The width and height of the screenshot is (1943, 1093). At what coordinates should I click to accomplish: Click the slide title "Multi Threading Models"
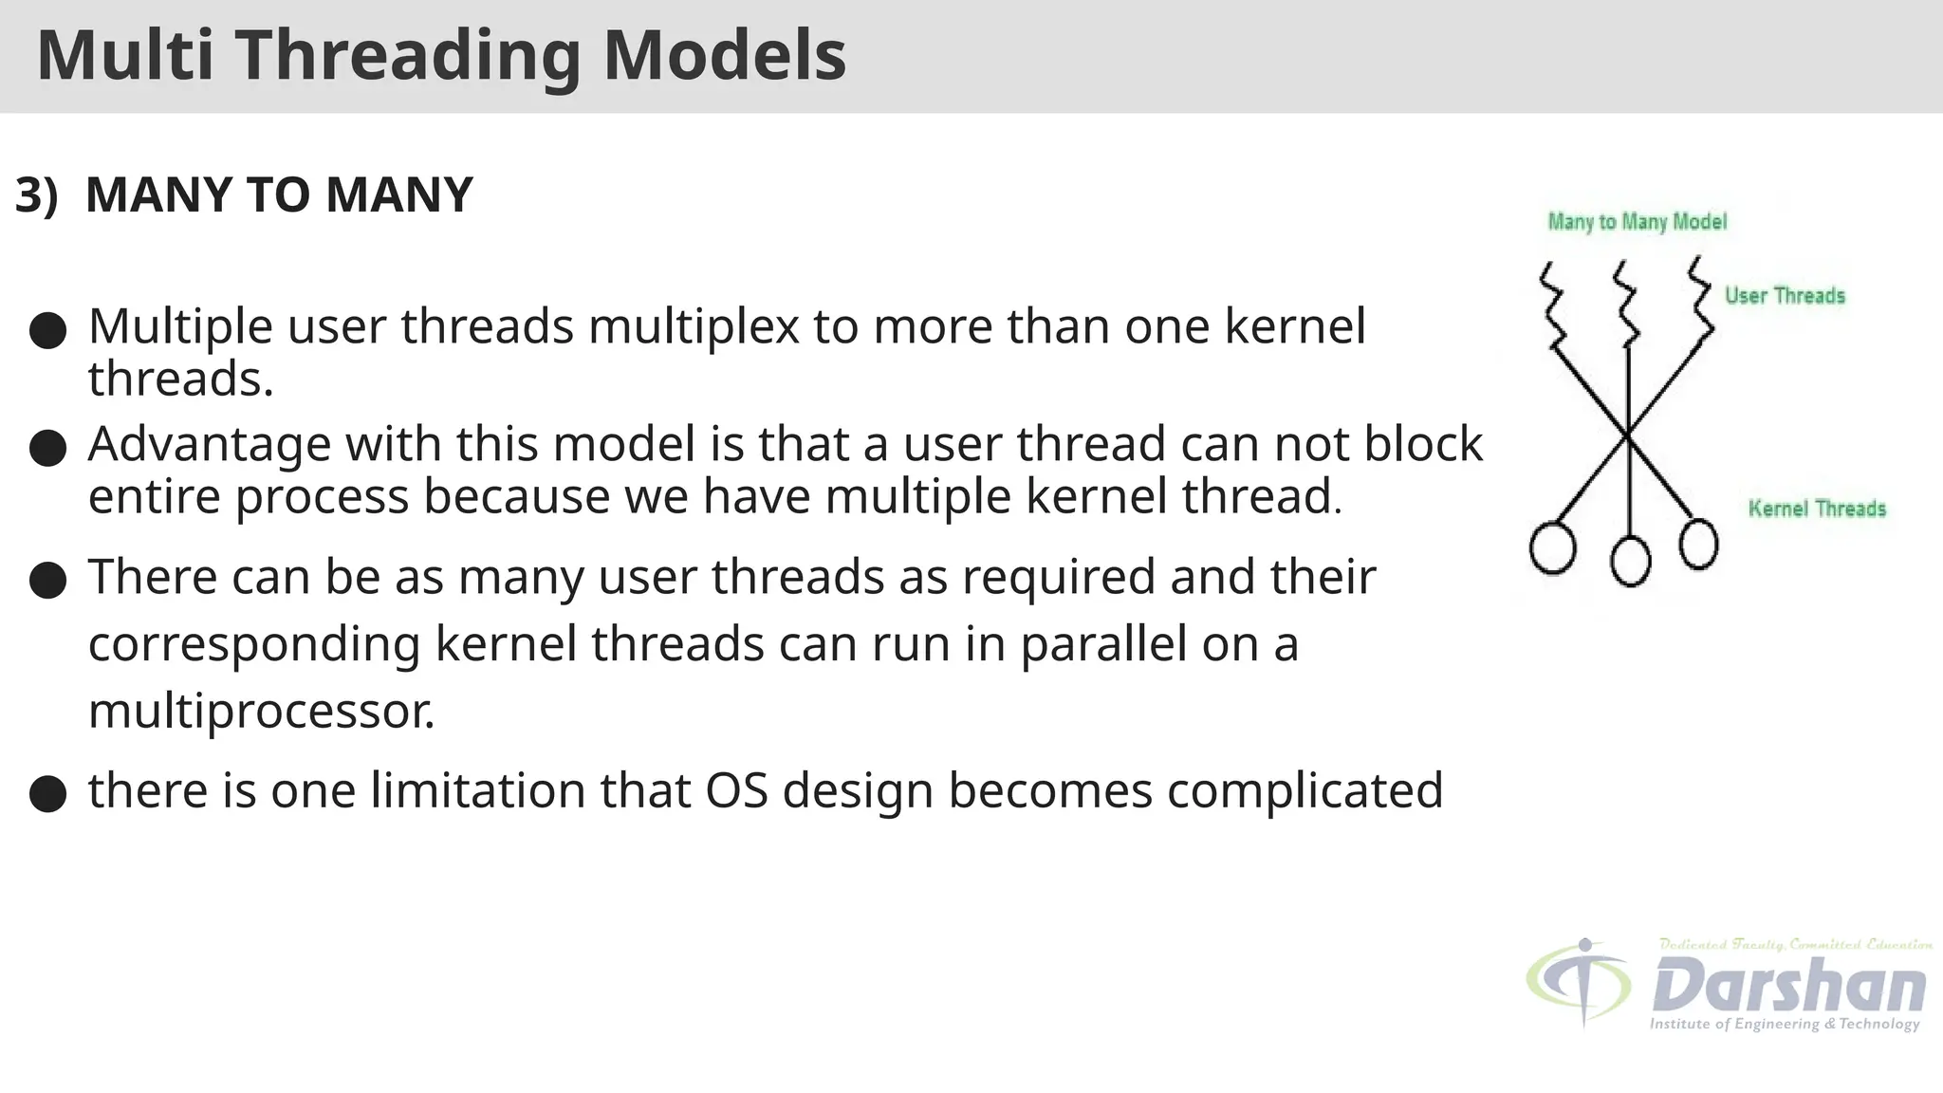click(441, 55)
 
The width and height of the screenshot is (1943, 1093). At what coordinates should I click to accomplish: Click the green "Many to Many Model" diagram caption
click(1637, 222)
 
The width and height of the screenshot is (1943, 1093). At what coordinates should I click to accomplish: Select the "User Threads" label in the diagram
click(1784, 296)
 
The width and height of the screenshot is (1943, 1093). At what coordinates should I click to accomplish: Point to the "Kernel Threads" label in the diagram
click(1816, 509)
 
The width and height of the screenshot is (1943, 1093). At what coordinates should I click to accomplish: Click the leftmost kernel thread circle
click(1553, 547)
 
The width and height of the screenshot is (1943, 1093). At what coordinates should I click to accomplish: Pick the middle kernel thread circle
click(1630, 560)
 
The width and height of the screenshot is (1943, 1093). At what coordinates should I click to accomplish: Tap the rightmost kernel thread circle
click(1697, 545)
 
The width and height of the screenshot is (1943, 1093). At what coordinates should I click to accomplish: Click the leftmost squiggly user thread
click(1553, 304)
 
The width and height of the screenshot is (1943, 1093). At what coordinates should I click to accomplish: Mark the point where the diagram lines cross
click(1628, 435)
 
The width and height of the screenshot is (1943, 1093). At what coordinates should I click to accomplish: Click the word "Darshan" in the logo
click(1788, 985)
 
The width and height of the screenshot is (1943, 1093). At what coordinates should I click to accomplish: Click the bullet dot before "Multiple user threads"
click(47, 331)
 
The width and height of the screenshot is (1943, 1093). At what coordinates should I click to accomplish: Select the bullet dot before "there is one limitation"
click(47, 793)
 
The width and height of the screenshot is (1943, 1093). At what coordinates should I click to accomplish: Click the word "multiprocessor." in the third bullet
click(261, 710)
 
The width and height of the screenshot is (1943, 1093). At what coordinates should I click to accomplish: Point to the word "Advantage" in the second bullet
click(210, 444)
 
